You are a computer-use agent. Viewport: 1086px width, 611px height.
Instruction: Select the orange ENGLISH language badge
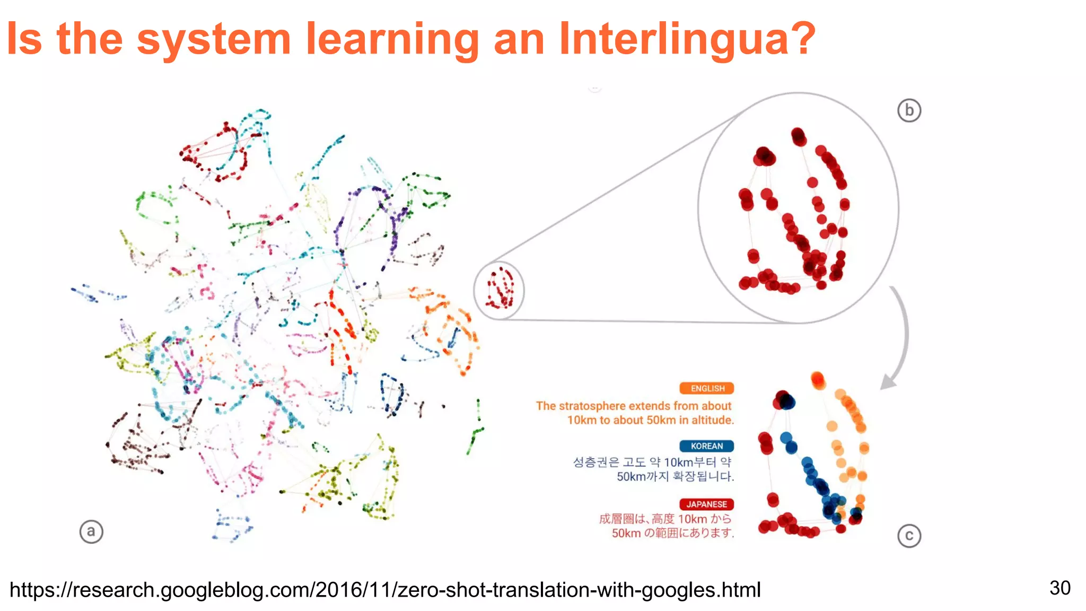coord(707,388)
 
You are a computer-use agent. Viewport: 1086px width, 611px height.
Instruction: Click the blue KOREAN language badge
coord(706,446)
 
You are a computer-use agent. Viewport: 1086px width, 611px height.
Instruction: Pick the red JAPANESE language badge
coord(706,504)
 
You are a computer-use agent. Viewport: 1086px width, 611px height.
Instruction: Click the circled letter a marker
coord(91,531)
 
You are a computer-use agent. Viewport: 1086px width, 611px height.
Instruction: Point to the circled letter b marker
coord(909,110)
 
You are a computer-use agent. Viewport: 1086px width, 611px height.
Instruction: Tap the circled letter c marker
coord(909,536)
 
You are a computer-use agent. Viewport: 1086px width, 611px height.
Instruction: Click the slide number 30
coord(1059,588)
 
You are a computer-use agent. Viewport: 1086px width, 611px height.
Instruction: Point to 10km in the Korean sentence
coord(679,462)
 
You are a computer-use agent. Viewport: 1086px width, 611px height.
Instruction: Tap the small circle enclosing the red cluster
coord(498,290)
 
